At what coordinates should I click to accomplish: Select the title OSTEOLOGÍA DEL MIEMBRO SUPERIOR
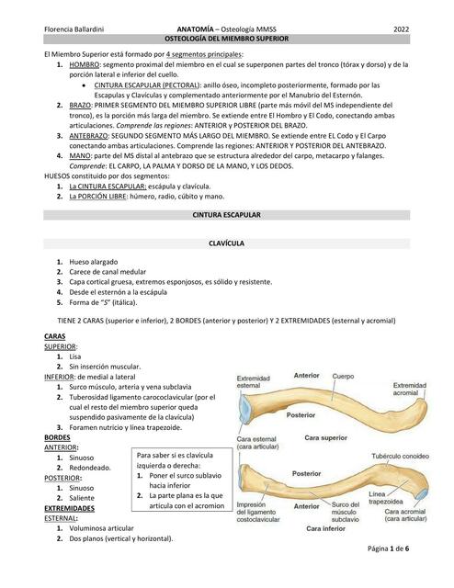[x=226, y=41]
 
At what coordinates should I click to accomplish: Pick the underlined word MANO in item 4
[x=81, y=157]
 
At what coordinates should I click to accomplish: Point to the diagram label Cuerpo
[x=342, y=377]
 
